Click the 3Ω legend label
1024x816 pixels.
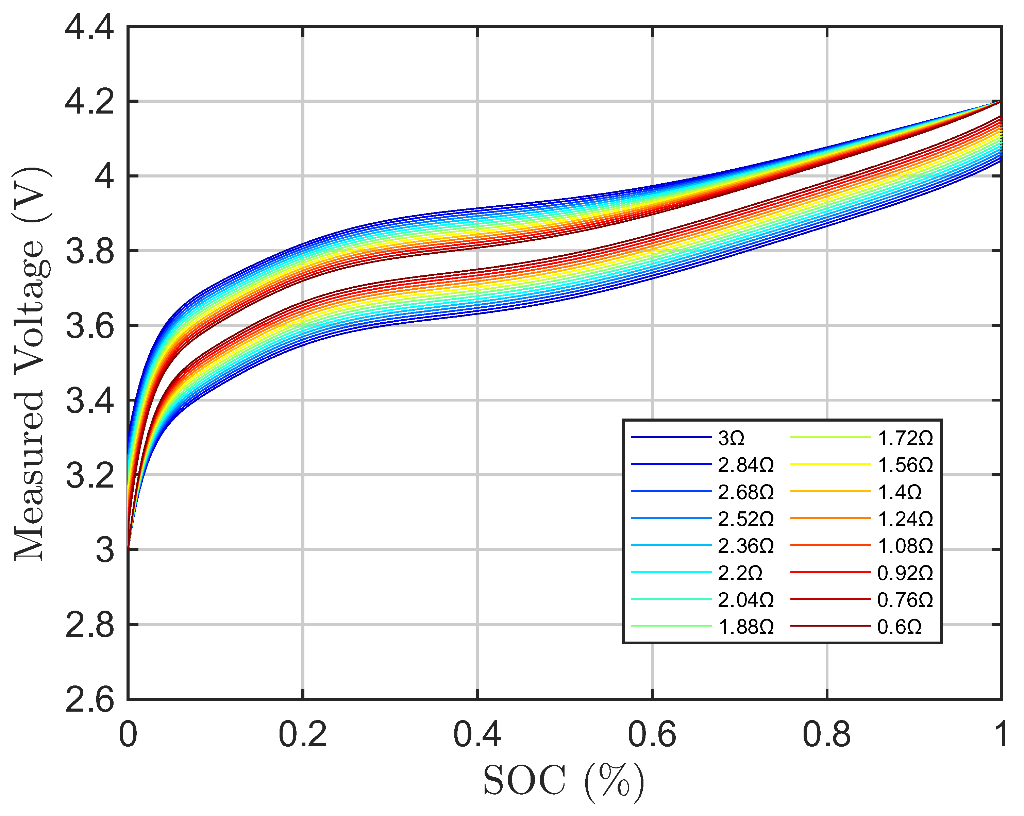click(731, 438)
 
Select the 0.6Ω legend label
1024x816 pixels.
click(899, 627)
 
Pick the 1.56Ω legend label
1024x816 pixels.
click(905, 465)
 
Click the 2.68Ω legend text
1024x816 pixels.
click(746, 492)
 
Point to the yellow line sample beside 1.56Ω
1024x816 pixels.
click(830, 464)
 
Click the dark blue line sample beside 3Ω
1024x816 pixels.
click(671, 437)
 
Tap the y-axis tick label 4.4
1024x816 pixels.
click(89, 27)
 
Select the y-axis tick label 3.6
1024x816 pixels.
click(89, 326)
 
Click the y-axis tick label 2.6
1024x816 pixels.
click(89, 699)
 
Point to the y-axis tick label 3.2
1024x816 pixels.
click(89, 475)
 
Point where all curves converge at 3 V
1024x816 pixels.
click(128, 549)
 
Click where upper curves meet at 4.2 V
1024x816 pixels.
click(1001, 101)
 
